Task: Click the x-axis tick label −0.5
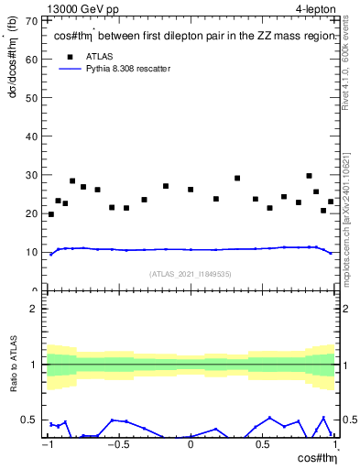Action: pos(116,445)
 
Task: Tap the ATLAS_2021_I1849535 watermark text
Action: pos(191,274)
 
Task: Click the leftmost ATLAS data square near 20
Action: pos(50,214)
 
